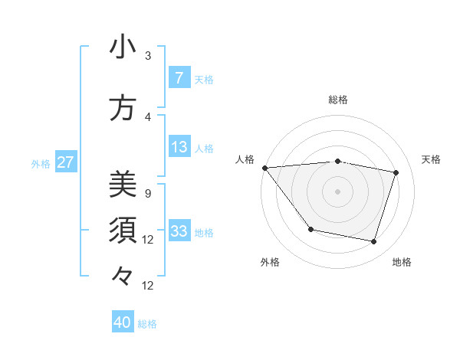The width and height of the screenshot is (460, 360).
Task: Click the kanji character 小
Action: [x=123, y=47]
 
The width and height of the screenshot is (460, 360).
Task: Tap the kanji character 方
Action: [x=123, y=108]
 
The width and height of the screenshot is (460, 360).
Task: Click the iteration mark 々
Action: [x=123, y=275]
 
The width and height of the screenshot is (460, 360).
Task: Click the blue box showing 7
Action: [x=179, y=78]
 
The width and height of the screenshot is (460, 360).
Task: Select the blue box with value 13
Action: [x=179, y=147]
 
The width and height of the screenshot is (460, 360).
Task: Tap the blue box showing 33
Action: [x=179, y=231]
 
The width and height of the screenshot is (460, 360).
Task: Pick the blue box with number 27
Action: [x=65, y=162]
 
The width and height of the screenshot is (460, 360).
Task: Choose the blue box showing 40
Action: [x=123, y=322]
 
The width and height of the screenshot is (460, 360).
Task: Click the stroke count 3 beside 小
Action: [x=148, y=56]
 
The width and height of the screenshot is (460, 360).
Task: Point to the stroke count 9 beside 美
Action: [x=148, y=194]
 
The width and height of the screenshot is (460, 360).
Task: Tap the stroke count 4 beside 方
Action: [x=148, y=117]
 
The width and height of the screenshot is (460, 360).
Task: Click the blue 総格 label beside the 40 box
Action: [x=148, y=324]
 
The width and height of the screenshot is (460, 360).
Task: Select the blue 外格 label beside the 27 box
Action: [x=41, y=164]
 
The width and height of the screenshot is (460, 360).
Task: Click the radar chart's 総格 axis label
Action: [x=338, y=100]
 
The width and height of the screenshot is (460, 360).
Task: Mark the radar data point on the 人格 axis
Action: [x=264, y=168]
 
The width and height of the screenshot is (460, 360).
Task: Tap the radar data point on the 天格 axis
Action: [x=396, y=172]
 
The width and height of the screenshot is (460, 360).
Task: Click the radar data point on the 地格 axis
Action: [x=373, y=241]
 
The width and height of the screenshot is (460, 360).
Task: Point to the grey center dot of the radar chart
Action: [x=338, y=191]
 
